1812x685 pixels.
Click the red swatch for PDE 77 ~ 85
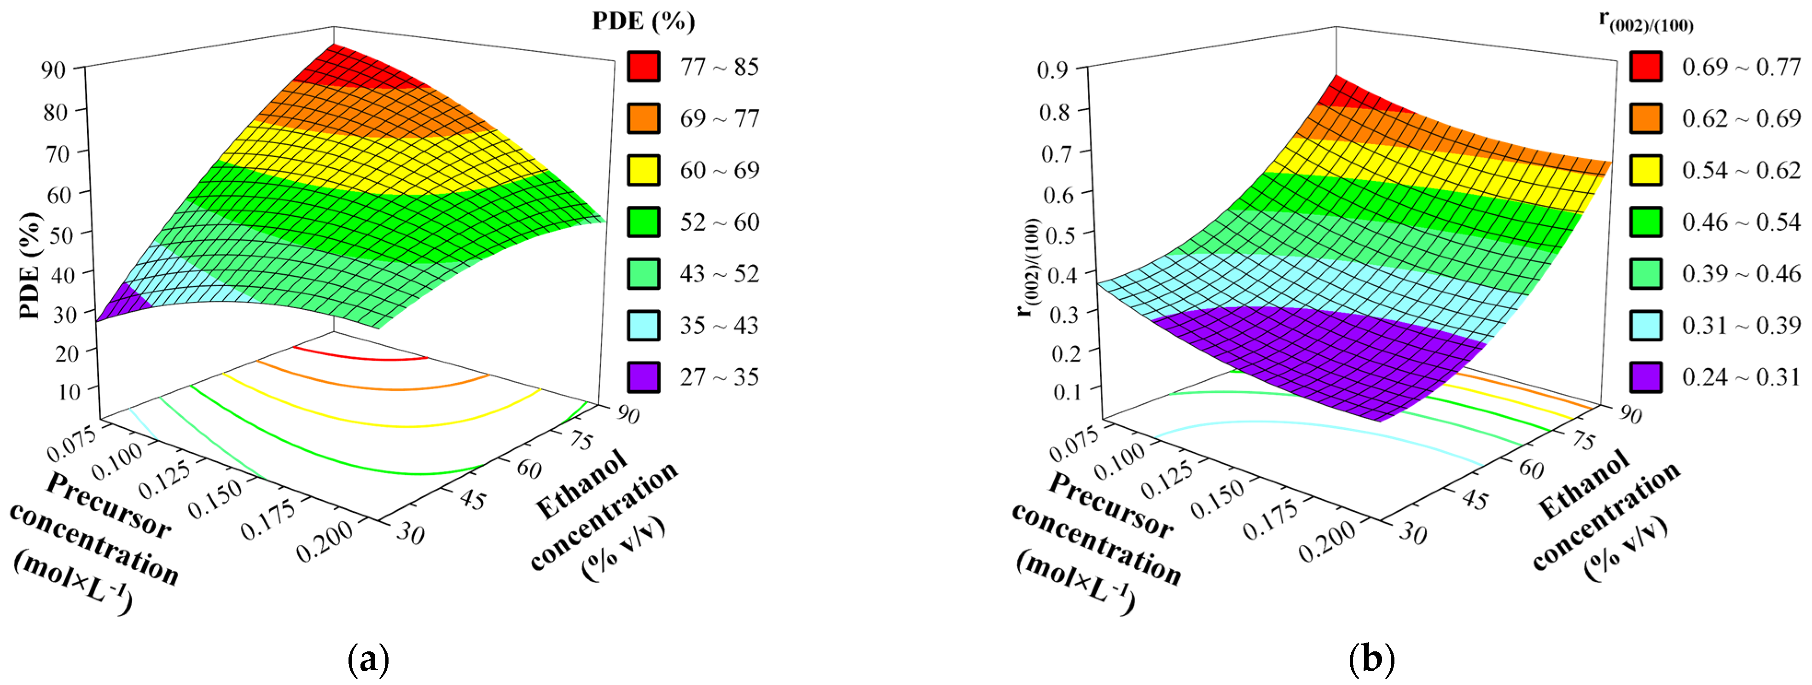coord(643,67)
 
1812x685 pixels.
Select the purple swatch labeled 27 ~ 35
coord(643,377)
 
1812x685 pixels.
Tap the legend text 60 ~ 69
coord(719,170)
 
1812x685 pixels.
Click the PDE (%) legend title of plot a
coord(643,21)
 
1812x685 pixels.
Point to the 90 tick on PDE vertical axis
coord(54,70)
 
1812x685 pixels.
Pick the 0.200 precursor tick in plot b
coord(1327,542)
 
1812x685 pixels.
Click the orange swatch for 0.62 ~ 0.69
coord(1645,118)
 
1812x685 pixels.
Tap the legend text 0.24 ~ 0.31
coord(1741,377)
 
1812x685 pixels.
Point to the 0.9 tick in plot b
coord(1052,70)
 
